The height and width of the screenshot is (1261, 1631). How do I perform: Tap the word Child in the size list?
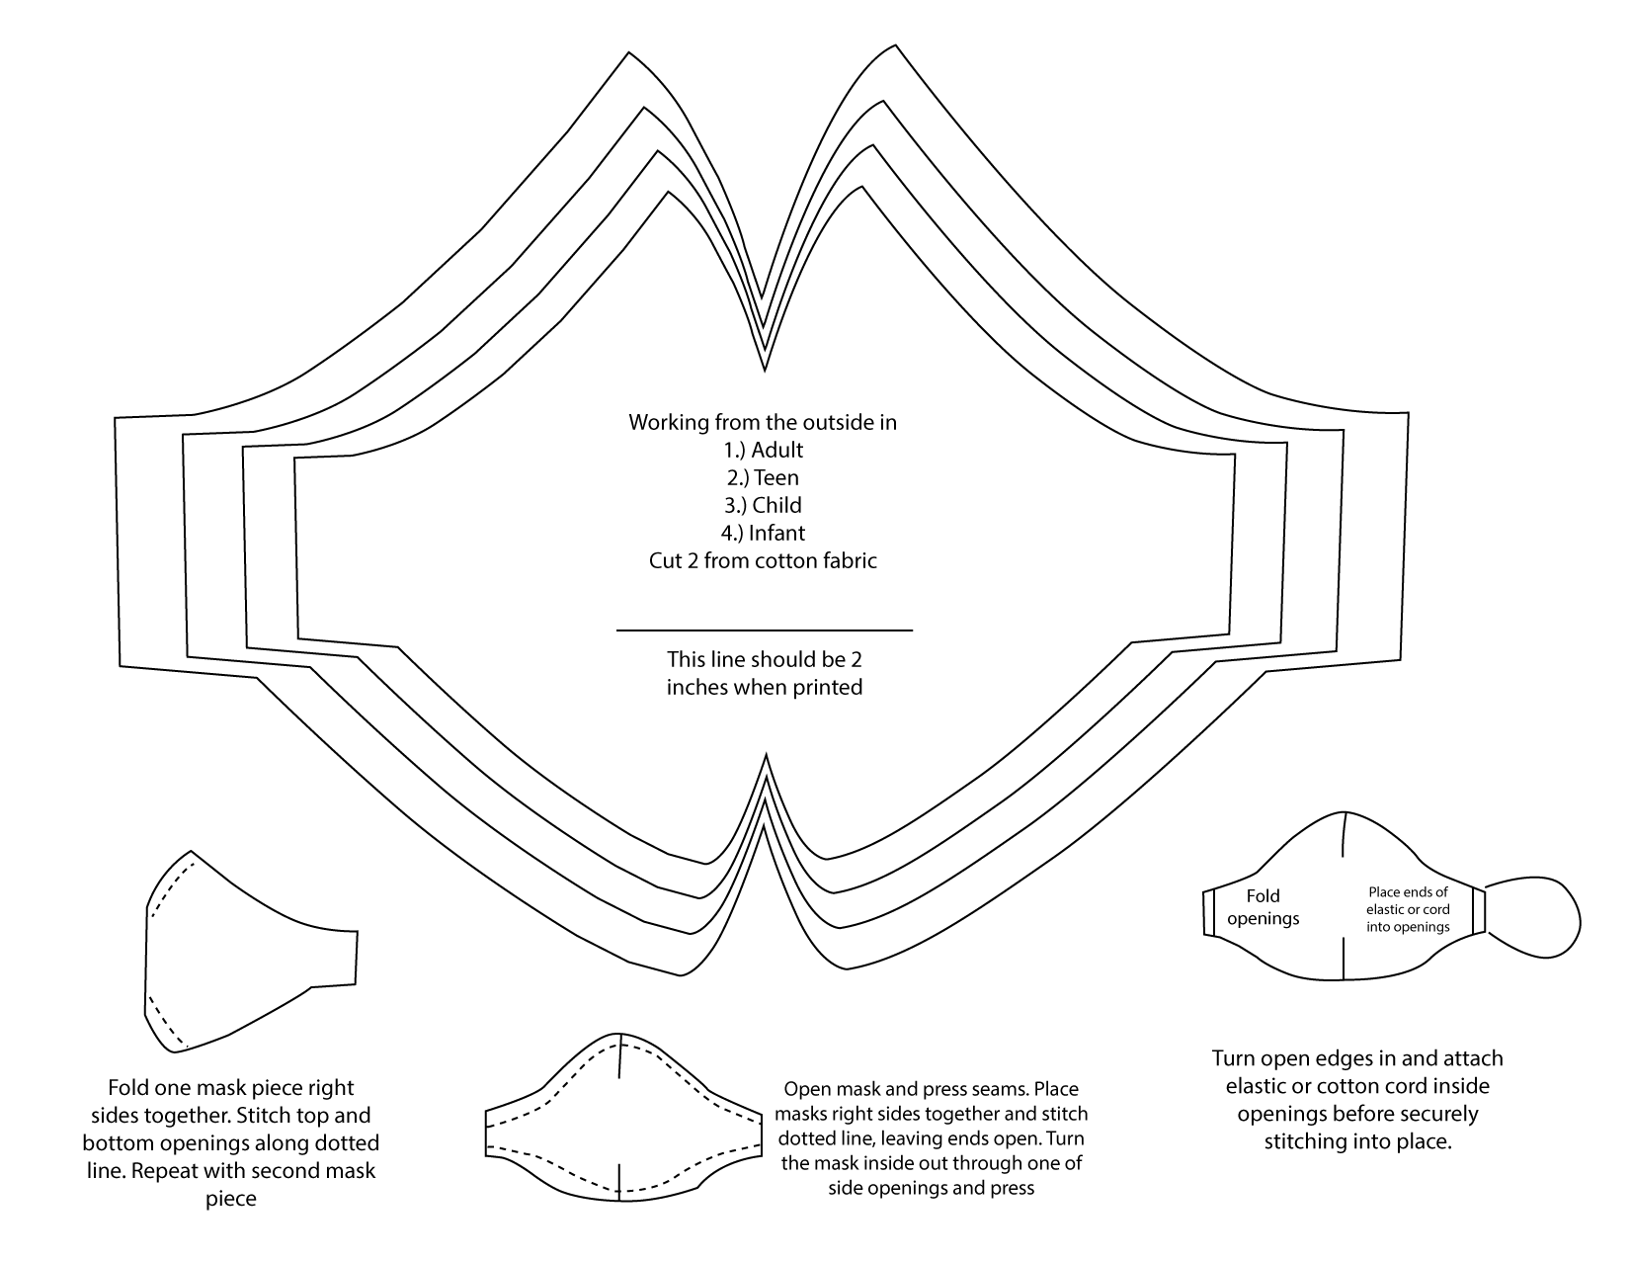[776, 506]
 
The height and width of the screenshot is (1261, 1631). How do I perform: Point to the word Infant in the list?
[776, 534]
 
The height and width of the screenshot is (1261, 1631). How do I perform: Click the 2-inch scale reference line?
[764, 630]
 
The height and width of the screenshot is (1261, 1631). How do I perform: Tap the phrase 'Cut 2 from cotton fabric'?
[763, 561]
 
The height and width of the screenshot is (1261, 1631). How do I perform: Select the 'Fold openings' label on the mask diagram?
[1263, 907]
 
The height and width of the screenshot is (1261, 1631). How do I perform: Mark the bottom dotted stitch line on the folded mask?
[164, 1022]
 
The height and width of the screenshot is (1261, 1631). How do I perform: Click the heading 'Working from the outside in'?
[763, 423]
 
